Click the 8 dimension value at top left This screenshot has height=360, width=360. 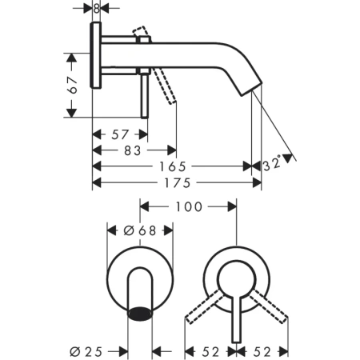[x=96, y=9]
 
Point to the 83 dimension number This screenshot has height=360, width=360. [x=133, y=150]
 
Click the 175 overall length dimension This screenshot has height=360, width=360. [x=177, y=183]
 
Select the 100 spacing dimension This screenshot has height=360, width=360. [x=188, y=207]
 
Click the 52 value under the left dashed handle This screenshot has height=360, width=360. [x=210, y=351]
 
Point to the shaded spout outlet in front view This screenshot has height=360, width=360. [x=141, y=313]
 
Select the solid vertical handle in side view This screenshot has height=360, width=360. [x=144, y=92]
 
